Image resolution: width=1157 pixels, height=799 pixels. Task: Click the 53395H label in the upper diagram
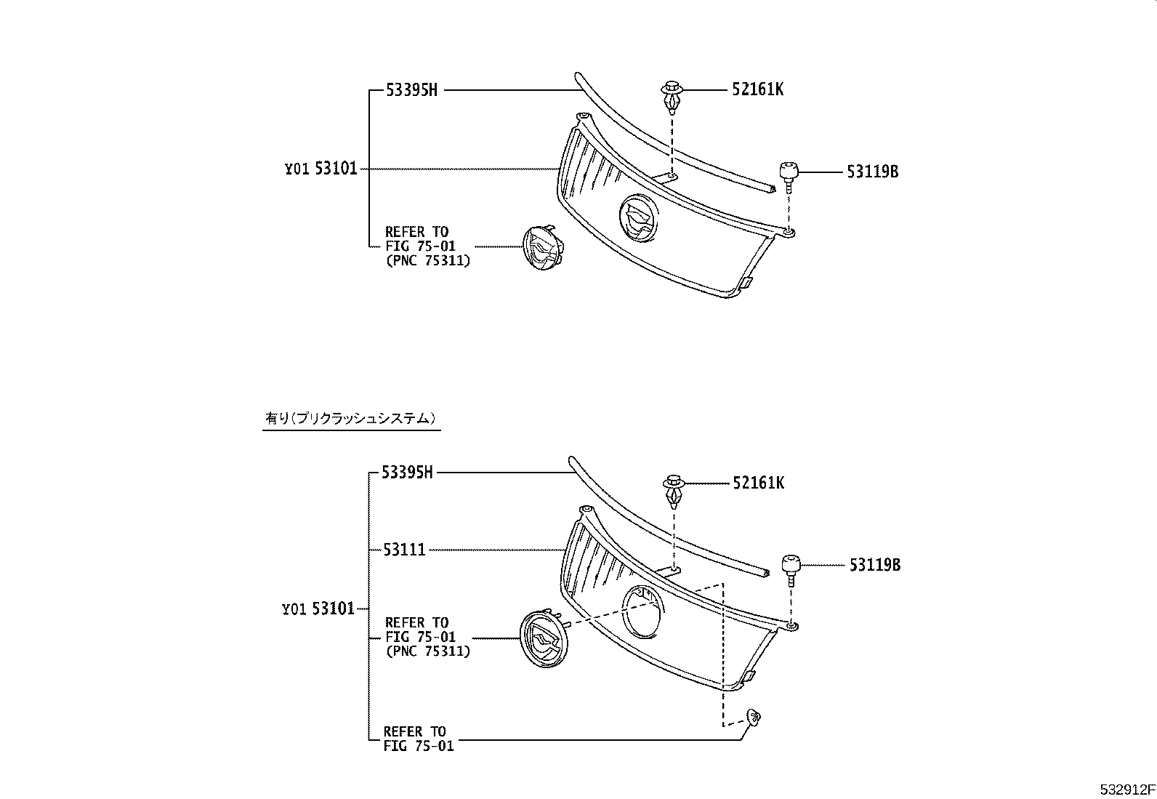pyautogui.click(x=411, y=90)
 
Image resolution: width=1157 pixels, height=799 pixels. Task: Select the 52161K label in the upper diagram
pyautogui.click(x=757, y=89)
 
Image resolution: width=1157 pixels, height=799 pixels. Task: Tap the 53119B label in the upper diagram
pyautogui.click(x=872, y=172)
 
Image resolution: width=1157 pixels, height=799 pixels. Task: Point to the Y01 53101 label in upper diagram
pyautogui.click(x=321, y=169)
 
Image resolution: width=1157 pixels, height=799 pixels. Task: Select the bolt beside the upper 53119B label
pyautogui.click(x=789, y=176)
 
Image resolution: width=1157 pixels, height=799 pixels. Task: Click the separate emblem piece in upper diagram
pyautogui.click(x=544, y=250)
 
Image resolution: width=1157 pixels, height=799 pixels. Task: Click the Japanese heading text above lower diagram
pyautogui.click(x=351, y=418)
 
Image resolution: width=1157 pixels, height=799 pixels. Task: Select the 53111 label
pyautogui.click(x=405, y=550)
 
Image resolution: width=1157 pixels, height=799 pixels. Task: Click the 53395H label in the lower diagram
pyautogui.click(x=407, y=473)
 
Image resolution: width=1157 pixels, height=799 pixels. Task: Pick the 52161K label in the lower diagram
pyautogui.click(x=759, y=483)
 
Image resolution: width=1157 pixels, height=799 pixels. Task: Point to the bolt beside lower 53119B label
pyautogui.click(x=791, y=569)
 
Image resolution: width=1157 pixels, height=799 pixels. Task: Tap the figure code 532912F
pyautogui.click(x=1126, y=790)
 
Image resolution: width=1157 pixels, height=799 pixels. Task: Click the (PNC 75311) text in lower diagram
pyautogui.click(x=427, y=651)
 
